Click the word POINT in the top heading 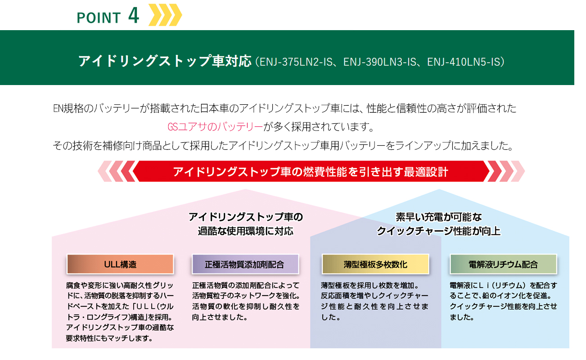pyautogui.click(x=99, y=18)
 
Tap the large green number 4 pyautogui.click(x=133, y=15)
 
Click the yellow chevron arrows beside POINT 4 pyautogui.click(x=165, y=15)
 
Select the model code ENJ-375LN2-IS pyautogui.click(x=296, y=62)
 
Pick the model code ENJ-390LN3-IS pyautogui.click(x=380, y=62)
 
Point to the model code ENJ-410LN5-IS pyautogui.click(x=463, y=62)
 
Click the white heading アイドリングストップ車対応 pyautogui.click(x=165, y=61)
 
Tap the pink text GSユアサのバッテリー pyautogui.click(x=215, y=127)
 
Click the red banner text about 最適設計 pyautogui.click(x=311, y=172)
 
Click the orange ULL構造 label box pyautogui.click(x=120, y=264)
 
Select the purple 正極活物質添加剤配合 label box pyautogui.click(x=245, y=264)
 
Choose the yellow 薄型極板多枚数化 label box pyautogui.click(x=375, y=264)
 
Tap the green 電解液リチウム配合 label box pyautogui.click(x=503, y=264)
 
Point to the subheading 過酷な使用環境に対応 pyautogui.click(x=245, y=231)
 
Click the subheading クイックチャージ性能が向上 pyautogui.click(x=439, y=231)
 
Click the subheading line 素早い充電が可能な pyautogui.click(x=439, y=217)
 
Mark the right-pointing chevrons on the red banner pyautogui.click(x=504, y=171)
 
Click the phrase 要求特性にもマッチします pyautogui.click(x=109, y=338)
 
